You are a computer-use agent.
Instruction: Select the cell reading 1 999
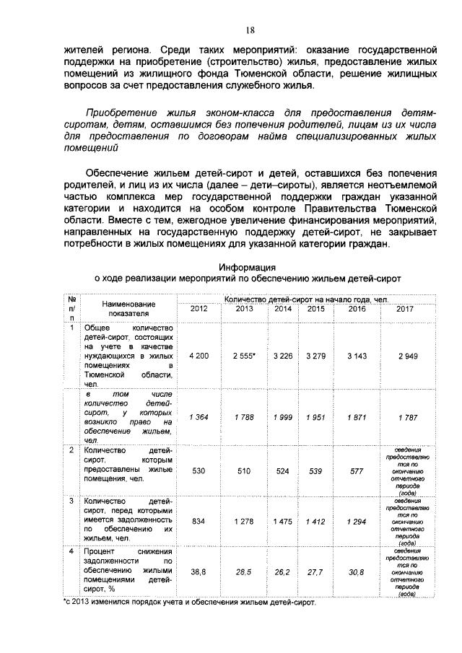[284, 417]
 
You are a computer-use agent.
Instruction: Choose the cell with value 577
[357, 470]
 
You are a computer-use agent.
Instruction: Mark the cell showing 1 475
[284, 520]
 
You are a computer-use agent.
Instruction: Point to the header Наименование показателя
[128, 309]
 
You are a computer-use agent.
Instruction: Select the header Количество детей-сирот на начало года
[306, 299]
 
